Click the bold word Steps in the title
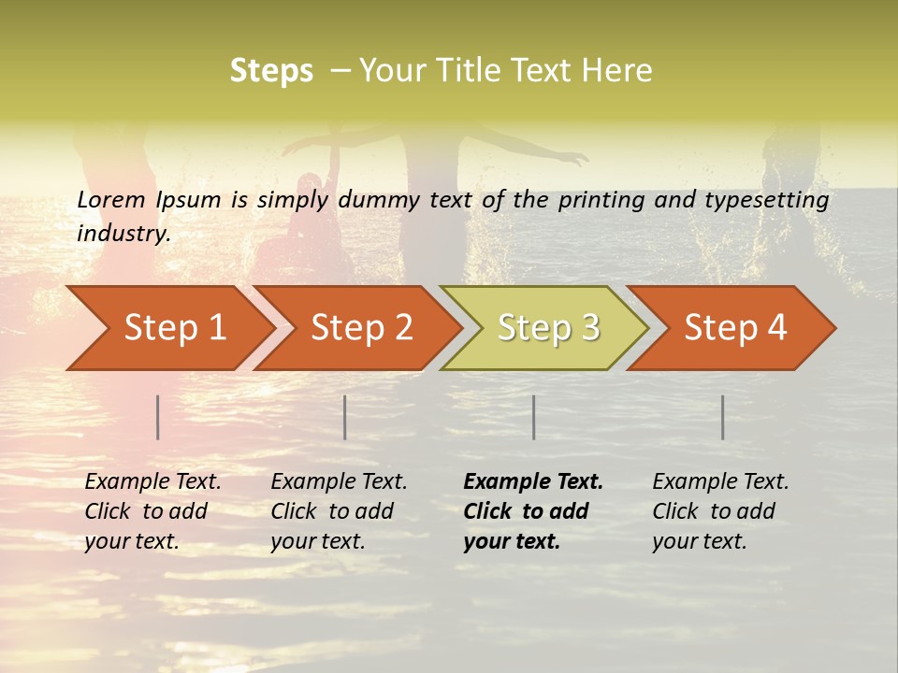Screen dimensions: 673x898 tap(271, 71)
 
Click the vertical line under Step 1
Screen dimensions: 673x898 tap(158, 417)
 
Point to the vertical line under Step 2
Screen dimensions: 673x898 tap(345, 417)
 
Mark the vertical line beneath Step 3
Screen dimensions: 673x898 tap(534, 417)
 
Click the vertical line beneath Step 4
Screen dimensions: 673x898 tap(723, 417)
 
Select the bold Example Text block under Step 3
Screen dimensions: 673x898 tap(532, 511)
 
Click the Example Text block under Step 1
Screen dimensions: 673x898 tap(152, 511)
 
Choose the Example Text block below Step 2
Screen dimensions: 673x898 tap(339, 511)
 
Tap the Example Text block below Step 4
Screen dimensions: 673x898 tap(719, 511)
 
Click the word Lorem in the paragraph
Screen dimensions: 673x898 tap(111, 200)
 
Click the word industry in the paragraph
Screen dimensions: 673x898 tap(123, 234)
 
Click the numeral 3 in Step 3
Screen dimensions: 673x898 tap(588, 328)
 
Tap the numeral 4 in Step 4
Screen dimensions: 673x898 tap(775, 328)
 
